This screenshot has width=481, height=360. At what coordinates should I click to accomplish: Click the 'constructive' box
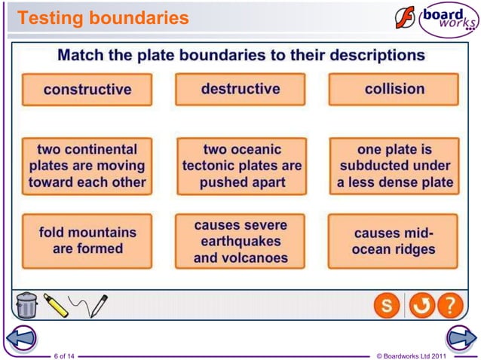pyautogui.click(x=87, y=90)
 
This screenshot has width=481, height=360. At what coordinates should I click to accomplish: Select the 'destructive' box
pyautogui.click(x=240, y=89)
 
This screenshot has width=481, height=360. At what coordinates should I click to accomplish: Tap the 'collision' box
pyautogui.click(x=394, y=89)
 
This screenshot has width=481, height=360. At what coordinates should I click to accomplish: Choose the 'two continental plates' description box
pyautogui.click(x=87, y=166)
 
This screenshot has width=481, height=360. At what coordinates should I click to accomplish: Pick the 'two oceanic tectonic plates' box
pyautogui.click(x=241, y=166)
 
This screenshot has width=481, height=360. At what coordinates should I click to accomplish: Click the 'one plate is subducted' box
pyautogui.click(x=394, y=166)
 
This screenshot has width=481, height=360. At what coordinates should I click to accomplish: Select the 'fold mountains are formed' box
pyautogui.click(x=87, y=241)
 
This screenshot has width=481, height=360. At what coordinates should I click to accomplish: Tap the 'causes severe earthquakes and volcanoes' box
pyautogui.click(x=241, y=241)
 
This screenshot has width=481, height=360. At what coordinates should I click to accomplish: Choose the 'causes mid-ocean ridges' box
pyautogui.click(x=394, y=241)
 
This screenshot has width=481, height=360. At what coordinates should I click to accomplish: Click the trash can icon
pyautogui.click(x=26, y=305)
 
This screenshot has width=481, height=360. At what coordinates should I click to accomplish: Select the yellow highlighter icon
pyautogui.click(x=56, y=304)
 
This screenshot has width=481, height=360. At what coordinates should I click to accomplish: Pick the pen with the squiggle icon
pyautogui.click(x=89, y=304)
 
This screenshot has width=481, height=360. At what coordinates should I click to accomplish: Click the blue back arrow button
pyautogui.click(x=18, y=339)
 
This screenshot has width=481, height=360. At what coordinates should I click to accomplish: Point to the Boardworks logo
pyautogui.click(x=435, y=20)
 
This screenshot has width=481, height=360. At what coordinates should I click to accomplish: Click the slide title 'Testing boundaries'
pyautogui.click(x=103, y=17)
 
